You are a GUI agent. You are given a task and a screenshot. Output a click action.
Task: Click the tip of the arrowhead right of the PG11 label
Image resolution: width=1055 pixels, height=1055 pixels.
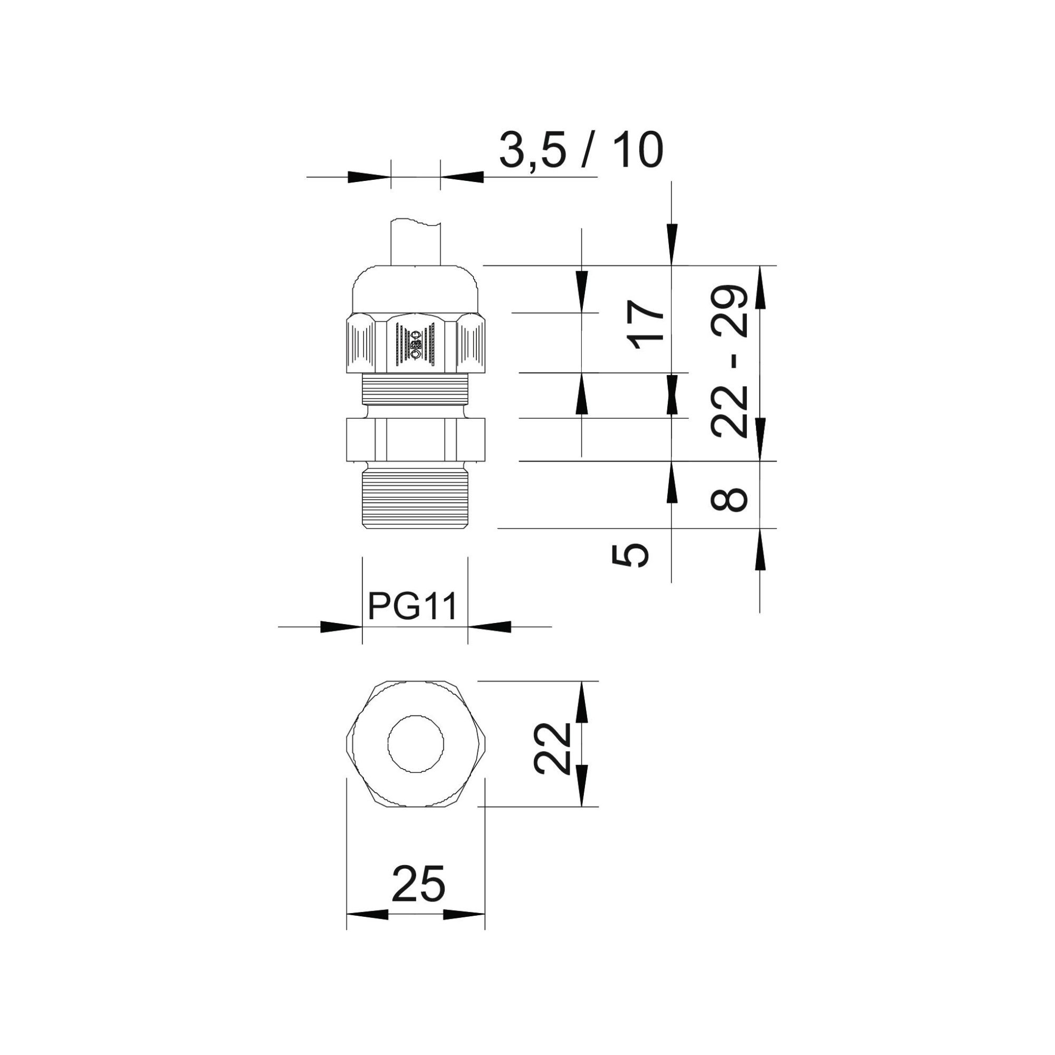pos(468,627)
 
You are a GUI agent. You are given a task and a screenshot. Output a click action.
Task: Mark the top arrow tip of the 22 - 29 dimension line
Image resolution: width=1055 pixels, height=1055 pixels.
pos(760,266)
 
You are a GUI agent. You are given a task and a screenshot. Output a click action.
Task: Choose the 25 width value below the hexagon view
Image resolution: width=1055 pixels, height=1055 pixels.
pos(418,883)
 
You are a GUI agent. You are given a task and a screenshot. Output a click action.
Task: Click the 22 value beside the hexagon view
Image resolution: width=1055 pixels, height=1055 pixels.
pos(553,749)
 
